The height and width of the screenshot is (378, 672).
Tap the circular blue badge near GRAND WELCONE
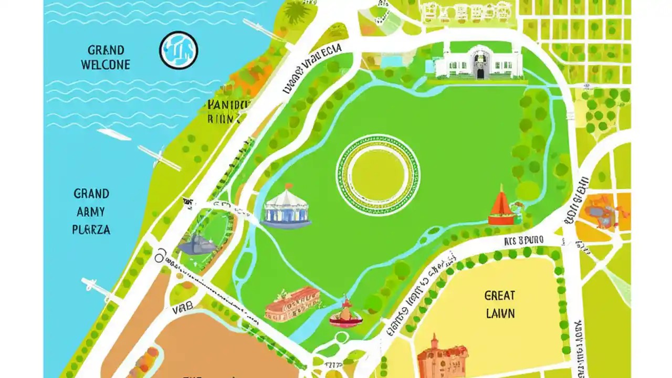[x=178, y=50]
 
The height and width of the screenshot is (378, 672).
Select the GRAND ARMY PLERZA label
[x=91, y=212]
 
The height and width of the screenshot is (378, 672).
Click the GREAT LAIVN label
[x=500, y=304]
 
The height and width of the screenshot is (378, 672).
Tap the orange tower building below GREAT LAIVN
[x=442, y=357]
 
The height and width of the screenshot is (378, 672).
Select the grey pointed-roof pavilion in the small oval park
[x=197, y=245]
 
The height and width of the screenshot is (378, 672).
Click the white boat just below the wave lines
[x=114, y=134]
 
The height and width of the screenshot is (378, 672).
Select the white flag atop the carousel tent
[x=289, y=186]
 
